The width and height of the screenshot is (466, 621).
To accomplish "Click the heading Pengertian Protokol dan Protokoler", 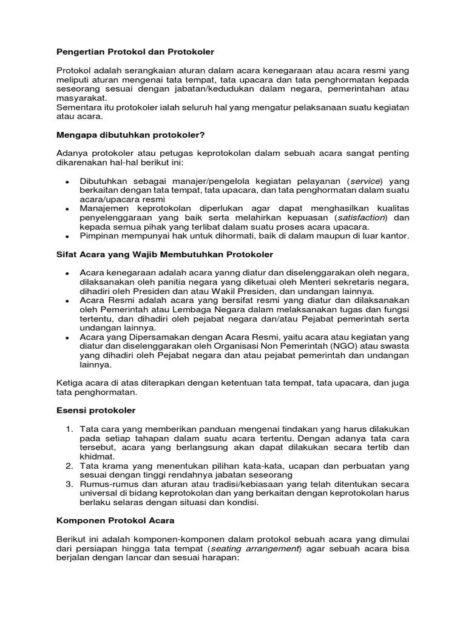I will click(135, 52).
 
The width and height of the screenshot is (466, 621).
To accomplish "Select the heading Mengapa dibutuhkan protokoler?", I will click(127, 135).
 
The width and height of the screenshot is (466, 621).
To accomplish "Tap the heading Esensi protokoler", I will click(96, 411).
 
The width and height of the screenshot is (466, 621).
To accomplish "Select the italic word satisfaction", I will click(362, 217).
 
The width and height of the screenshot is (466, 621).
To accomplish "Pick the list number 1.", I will click(69, 429).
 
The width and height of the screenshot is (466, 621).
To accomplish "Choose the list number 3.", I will click(69, 484).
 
